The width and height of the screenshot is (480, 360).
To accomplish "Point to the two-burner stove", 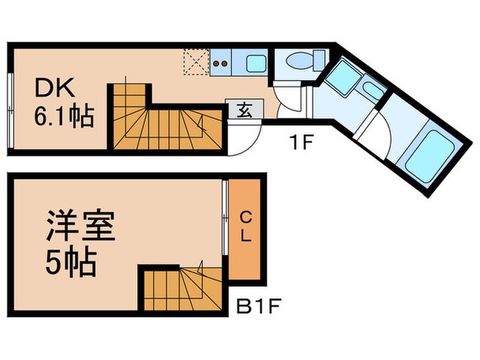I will point(221,65).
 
